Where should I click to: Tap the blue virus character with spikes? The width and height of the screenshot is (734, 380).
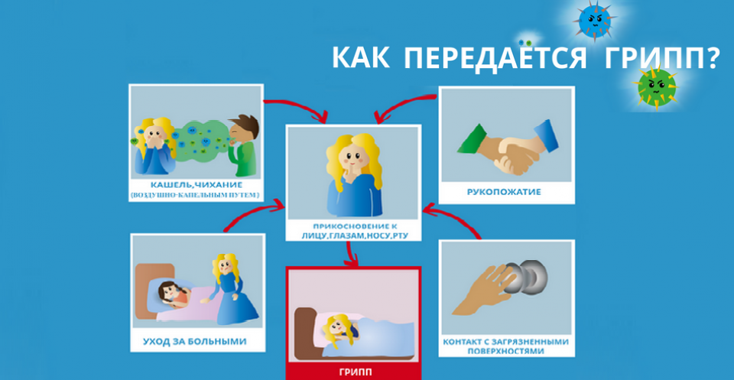[x=595, y=20]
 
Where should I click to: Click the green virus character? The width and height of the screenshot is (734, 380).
[x=656, y=87]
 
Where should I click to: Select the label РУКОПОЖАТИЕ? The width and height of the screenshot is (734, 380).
[x=504, y=191]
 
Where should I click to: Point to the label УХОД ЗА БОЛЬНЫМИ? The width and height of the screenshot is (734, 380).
[x=195, y=341]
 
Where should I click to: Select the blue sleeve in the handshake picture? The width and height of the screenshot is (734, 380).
[x=547, y=135]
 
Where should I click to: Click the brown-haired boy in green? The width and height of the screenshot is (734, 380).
[x=243, y=145]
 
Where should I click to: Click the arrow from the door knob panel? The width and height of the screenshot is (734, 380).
[x=455, y=218]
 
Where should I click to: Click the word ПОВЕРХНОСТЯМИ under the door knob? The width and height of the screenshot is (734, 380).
[x=505, y=350]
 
